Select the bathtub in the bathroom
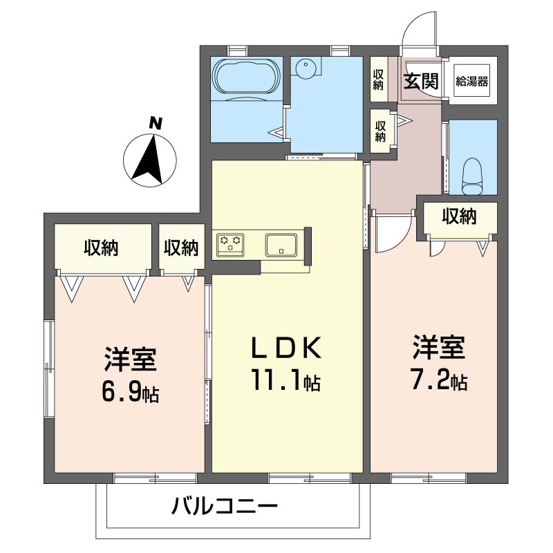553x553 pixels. [x=246, y=76]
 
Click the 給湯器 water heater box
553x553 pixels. [x=472, y=81]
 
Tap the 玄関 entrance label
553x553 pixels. [x=422, y=82]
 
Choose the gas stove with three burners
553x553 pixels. [x=230, y=243]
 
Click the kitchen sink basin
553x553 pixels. [x=281, y=244]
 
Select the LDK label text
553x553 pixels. [x=286, y=348]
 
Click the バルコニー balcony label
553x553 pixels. [x=225, y=507]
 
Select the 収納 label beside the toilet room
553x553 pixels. [x=460, y=216]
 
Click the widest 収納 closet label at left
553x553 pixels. [x=101, y=248]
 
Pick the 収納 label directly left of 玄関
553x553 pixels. [x=378, y=79]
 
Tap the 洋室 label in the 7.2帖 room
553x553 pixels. [x=439, y=348]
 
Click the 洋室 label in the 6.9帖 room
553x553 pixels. [x=130, y=359]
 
